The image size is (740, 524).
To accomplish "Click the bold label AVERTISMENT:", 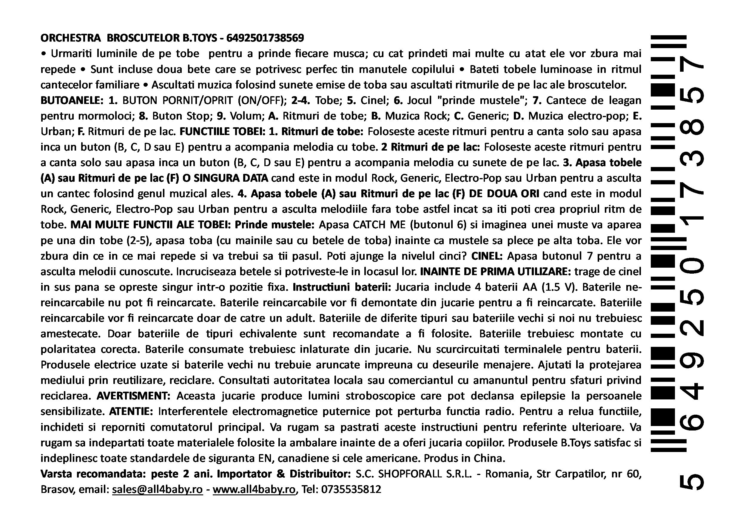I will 134,396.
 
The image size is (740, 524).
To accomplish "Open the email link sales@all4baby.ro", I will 157,489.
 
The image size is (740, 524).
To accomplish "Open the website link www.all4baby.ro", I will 254,489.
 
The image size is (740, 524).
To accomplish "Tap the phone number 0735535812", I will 351,489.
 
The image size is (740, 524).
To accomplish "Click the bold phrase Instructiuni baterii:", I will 342,287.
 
